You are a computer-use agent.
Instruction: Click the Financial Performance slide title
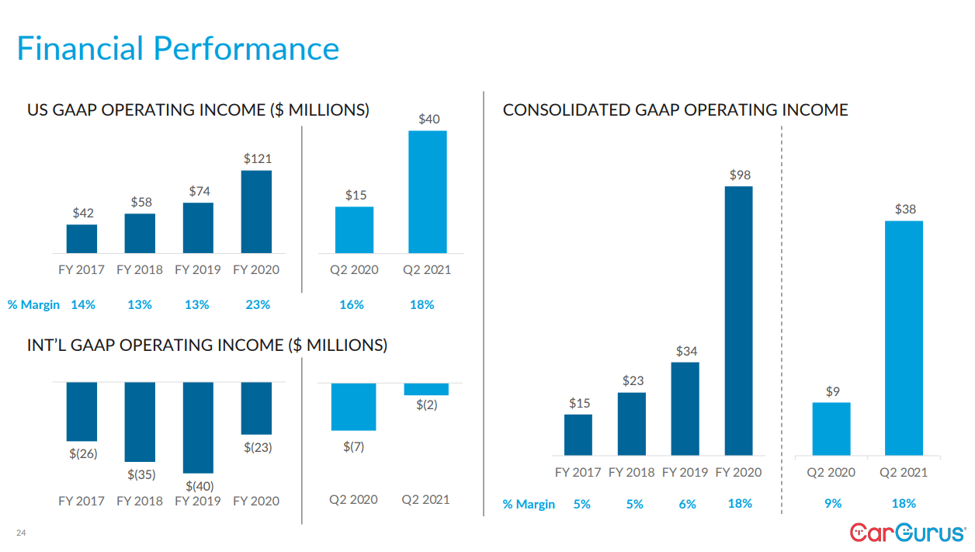point(178,48)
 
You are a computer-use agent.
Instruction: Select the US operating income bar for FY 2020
point(256,211)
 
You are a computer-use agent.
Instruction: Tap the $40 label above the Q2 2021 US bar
point(429,119)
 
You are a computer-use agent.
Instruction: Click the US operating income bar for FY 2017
point(82,238)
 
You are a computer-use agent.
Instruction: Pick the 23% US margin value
point(258,305)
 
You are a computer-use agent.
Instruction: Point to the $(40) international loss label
point(200,486)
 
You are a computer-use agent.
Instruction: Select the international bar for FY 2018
point(140,422)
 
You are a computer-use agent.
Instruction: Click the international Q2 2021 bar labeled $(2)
point(426,389)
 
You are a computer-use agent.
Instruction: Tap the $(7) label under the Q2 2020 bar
point(353,446)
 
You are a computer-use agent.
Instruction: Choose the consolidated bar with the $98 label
point(739,320)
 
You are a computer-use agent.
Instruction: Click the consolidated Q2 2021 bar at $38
point(904,338)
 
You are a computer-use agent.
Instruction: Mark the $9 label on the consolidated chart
point(832,392)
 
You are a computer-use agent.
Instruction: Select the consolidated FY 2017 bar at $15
point(578,434)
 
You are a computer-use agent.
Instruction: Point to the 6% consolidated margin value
point(687,504)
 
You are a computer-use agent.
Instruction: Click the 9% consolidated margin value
point(832,504)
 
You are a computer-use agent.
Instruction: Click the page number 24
point(21,533)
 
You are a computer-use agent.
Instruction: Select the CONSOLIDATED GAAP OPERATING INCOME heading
point(675,110)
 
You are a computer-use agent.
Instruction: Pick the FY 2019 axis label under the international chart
point(198,501)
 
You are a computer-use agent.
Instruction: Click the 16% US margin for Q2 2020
point(352,305)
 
